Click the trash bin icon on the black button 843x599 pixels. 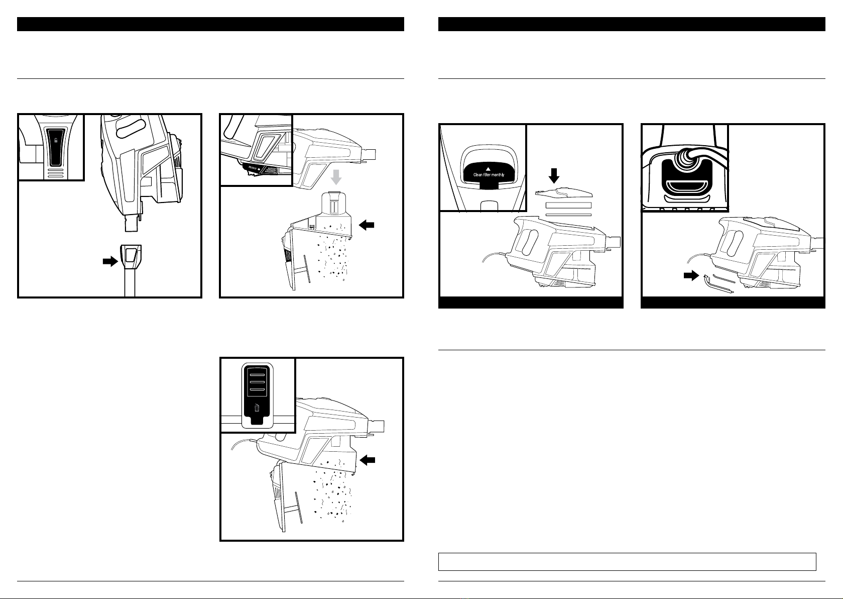[258, 408]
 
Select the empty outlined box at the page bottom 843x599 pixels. [627, 562]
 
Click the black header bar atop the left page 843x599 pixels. [211, 24]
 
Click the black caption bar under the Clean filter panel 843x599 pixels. [531, 303]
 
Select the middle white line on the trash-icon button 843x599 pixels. [257, 381]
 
